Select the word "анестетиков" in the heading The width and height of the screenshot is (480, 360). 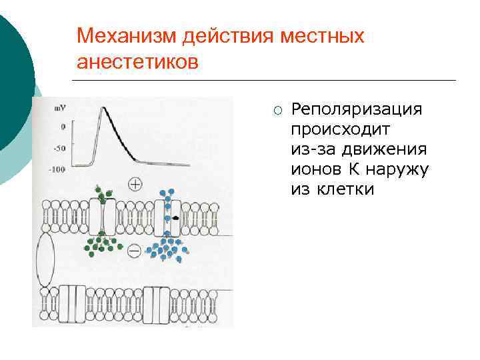point(138,62)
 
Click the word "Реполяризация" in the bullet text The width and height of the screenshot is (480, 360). point(357,109)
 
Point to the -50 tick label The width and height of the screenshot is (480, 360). point(59,147)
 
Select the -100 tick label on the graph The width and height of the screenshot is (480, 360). point(57,169)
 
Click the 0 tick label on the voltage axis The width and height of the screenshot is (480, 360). point(63,126)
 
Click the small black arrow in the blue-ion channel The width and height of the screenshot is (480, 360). point(175,218)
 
